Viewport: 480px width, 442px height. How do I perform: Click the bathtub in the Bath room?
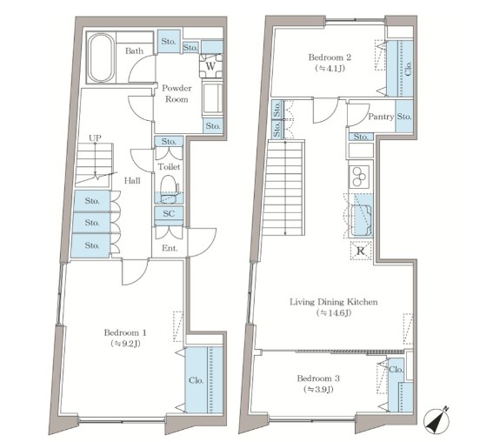click(101, 57)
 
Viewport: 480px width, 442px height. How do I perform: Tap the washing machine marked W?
click(210, 66)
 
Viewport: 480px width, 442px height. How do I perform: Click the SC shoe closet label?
click(169, 213)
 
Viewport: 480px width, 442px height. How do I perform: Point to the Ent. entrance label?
click(170, 248)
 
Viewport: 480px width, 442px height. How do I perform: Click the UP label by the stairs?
click(95, 138)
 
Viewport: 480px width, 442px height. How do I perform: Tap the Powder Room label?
click(177, 94)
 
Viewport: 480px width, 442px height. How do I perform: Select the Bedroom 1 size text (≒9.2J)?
click(125, 344)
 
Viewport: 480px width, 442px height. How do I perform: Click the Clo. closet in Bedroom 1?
click(203, 380)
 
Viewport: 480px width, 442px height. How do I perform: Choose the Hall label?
click(132, 181)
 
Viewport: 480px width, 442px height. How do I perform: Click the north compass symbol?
click(437, 419)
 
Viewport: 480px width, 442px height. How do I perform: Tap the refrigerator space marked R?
click(361, 251)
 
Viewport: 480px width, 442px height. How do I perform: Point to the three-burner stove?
click(359, 177)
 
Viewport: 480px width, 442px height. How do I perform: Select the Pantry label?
click(381, 117)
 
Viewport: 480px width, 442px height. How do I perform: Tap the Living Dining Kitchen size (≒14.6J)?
click(334, 313)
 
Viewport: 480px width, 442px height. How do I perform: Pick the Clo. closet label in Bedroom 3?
click(397, 370)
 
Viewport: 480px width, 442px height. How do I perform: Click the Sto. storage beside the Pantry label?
click(404, 117)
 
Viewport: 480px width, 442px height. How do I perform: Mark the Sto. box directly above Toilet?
click(169, 141)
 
